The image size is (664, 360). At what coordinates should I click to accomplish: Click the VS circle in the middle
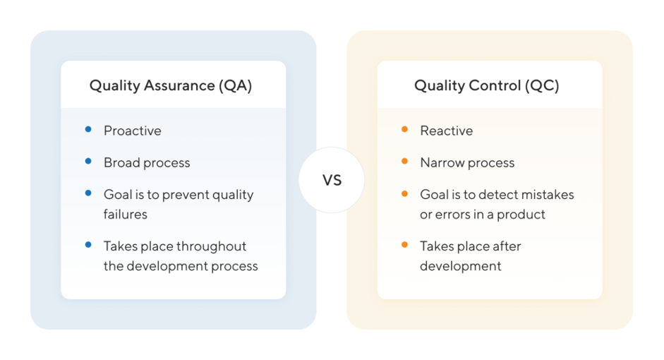332,180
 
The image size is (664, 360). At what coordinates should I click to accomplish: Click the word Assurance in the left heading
179,85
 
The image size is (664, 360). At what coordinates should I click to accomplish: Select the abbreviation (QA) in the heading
235,86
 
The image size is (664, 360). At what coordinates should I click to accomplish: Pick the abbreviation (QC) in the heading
542,86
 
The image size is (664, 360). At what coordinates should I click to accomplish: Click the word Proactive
133,131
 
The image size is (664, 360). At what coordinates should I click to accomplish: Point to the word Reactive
447,131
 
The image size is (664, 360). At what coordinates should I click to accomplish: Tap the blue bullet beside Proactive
88,129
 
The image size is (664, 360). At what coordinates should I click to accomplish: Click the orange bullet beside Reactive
404,129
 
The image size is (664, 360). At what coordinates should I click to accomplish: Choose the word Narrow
440,162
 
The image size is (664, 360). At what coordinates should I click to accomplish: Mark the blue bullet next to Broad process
88,161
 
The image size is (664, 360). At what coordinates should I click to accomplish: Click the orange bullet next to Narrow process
404,161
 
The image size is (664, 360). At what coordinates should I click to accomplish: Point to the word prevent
185,195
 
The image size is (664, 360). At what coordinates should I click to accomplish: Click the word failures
126,215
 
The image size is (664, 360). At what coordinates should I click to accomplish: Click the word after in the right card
507,246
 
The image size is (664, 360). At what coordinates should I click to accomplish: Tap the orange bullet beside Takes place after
404,244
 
